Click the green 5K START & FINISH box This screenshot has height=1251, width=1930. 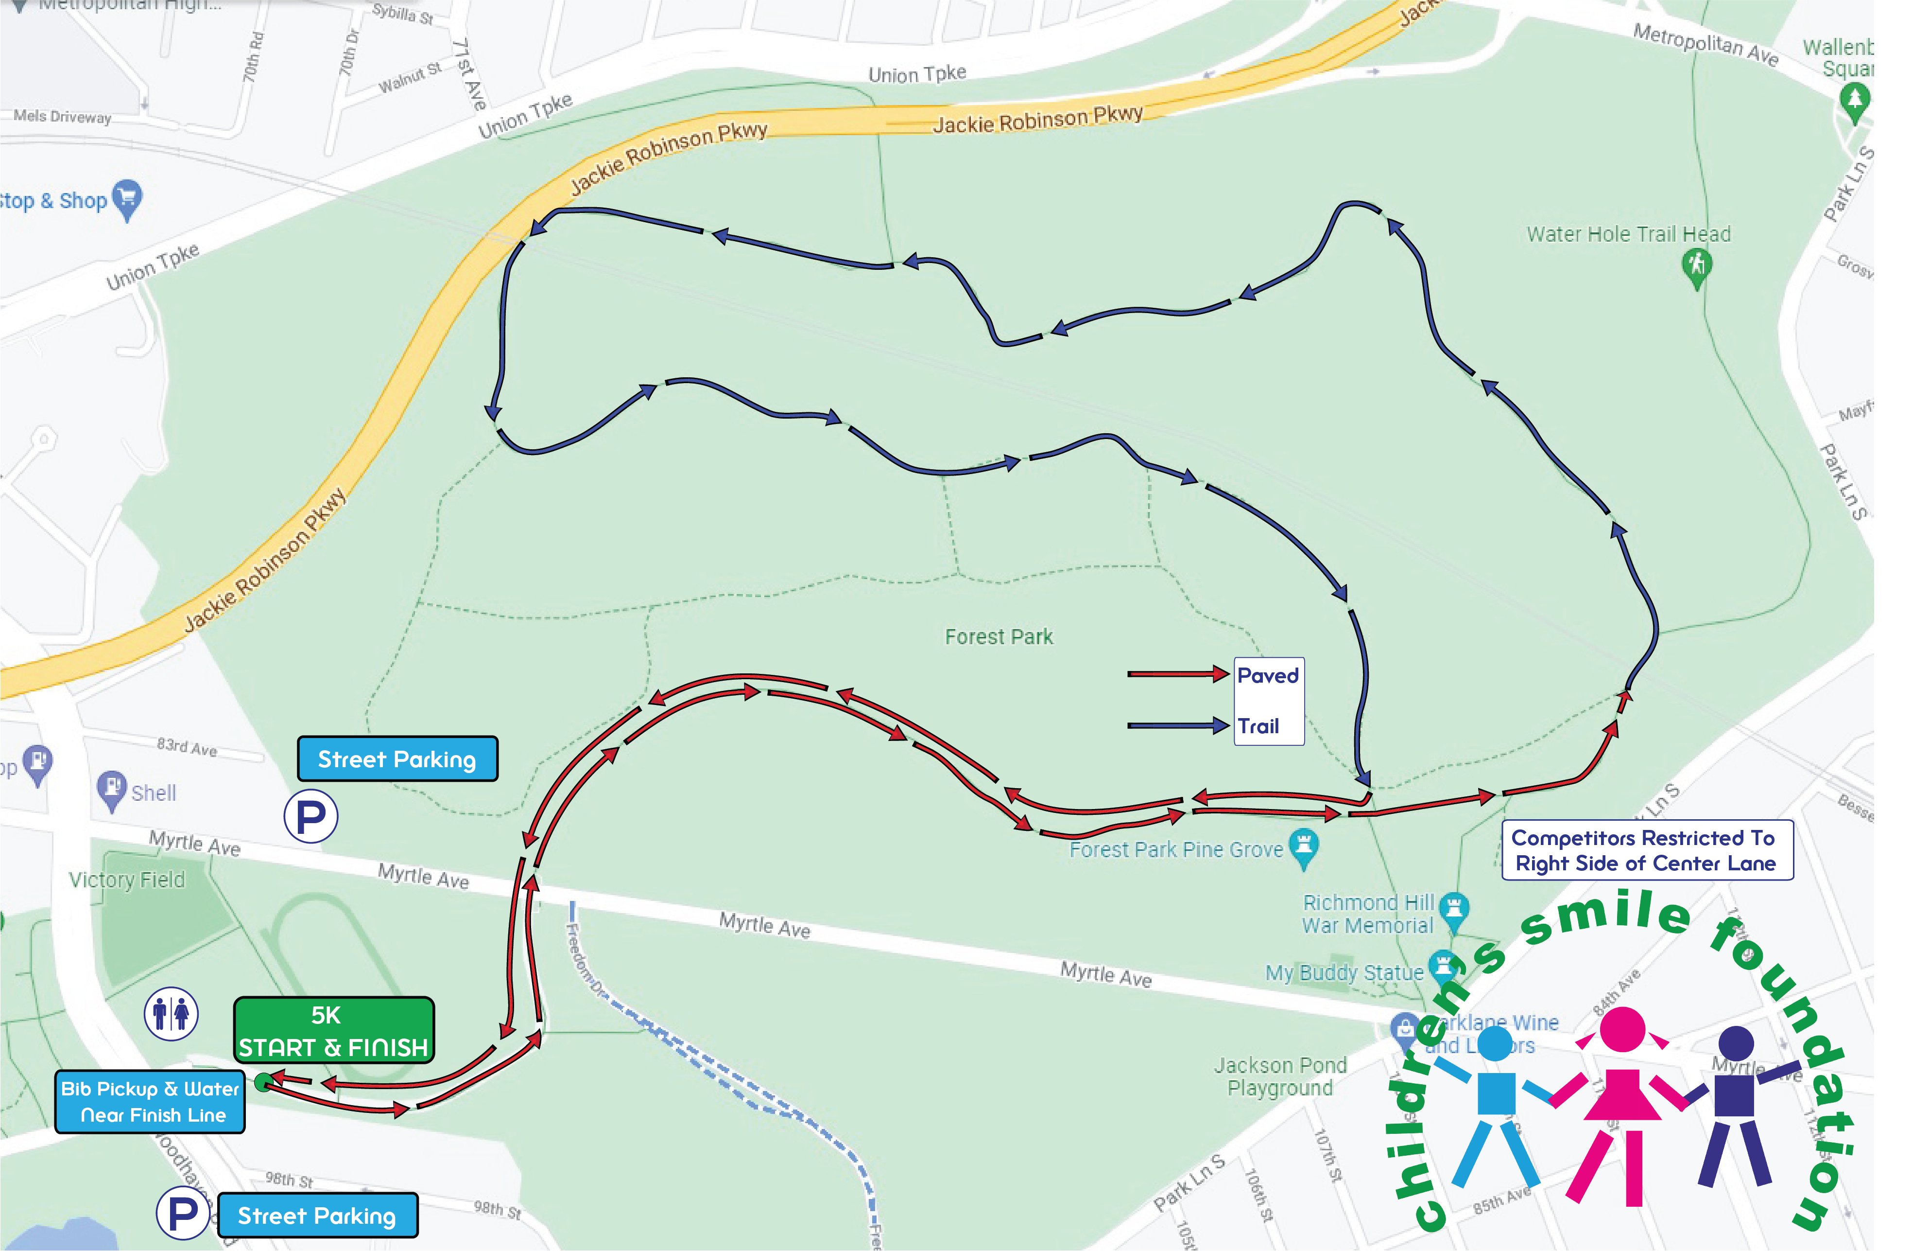point(333,1030)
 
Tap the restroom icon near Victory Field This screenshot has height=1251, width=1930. point(170,1013)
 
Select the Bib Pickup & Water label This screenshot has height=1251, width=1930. point(150,1101)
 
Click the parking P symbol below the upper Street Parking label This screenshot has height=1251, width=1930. point(310,816)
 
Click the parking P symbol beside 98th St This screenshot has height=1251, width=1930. point(183,1213)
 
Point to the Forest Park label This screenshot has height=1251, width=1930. point(998,637)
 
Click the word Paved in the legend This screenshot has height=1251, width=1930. point(1268,676)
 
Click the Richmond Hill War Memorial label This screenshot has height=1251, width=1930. point(1367,915)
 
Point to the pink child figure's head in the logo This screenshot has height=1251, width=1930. point(1622,1029)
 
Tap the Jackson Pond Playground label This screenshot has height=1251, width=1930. point(1280,1076)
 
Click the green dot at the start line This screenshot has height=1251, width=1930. point(263,1081)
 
